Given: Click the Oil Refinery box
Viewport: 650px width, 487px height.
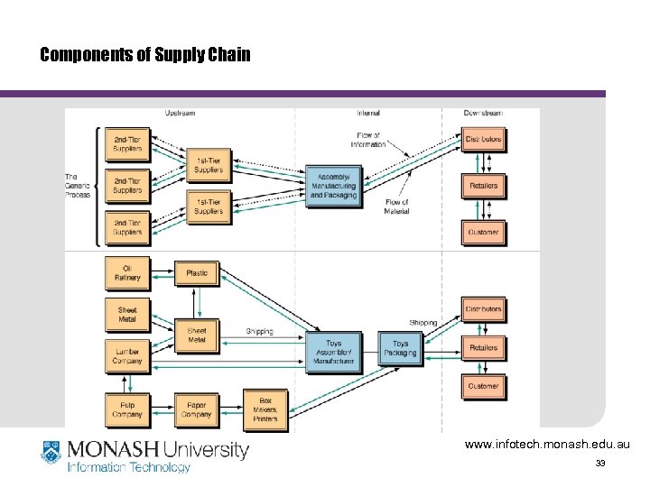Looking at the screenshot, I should pyautogui.click(x=127, y=273).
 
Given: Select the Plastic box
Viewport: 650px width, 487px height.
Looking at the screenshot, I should pyautogui.click(x=197, y=273).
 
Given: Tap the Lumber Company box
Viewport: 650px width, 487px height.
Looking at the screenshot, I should pyautogui.click(x=127, y=355).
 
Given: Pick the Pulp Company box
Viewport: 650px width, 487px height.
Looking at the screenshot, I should pyautogui.click(x=127, y=409).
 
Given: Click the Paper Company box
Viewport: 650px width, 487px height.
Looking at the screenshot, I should pyautogui.click(x=197, y=409).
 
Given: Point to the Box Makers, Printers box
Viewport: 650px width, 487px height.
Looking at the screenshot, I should pyautogui.click(x=265, y=409).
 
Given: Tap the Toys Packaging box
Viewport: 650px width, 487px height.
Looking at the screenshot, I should pyautogui.click(x=400, y=348).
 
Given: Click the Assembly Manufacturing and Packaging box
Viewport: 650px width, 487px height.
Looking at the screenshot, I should pyautogui.click(x=333, y=186).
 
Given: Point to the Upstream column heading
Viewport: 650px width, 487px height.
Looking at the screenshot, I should pyautogui.click(x=180, y=113).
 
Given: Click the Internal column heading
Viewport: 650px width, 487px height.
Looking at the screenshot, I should pyautogui.click(x=368, y=113).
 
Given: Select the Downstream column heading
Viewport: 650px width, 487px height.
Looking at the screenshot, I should pyautogui.click(x=483, y=113).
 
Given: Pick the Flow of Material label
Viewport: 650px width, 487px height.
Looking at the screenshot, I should pyautogui.click(x=396, y=207).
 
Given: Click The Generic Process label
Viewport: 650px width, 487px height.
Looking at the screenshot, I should pyautogui.click(x=78, y=185).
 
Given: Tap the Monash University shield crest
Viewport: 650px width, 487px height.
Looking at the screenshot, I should pyautogui.click(x=51, y=453).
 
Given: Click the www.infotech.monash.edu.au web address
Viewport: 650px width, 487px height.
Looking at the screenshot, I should pyautogui.click(x=547, y=445).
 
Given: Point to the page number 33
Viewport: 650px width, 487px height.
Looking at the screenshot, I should pyautogui.click(x=600, y=464).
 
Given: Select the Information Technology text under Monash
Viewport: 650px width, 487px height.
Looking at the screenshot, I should pyautogui.click(x=129, y=467).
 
